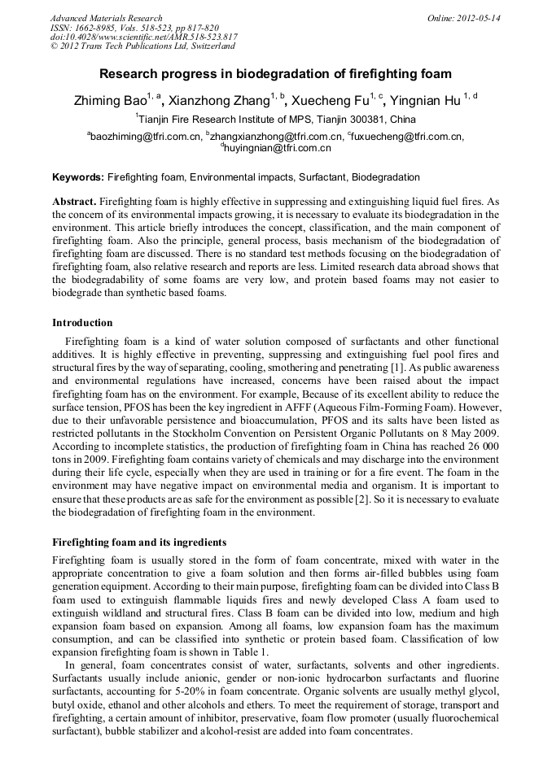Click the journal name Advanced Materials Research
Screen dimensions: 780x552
coord(107,18)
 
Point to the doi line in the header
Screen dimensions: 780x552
coord(144,37)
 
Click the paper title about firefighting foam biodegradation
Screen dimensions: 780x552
coord(275,74)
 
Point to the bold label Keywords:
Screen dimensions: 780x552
coord(78,176)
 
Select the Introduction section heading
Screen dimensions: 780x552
coord(82,323)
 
